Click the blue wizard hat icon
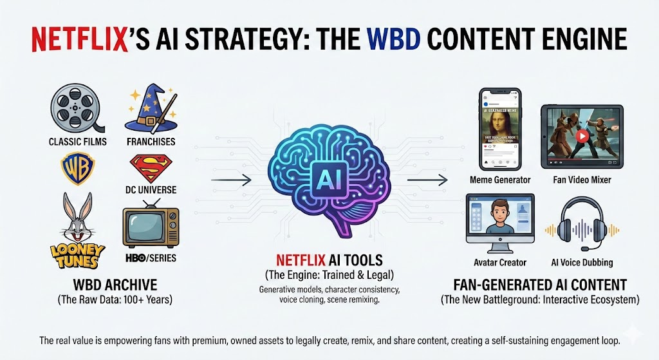tap(150, 108)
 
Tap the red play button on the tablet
tap(581, 137)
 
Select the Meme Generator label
tap(500, 180)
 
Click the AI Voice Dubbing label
tap(581, 263)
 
